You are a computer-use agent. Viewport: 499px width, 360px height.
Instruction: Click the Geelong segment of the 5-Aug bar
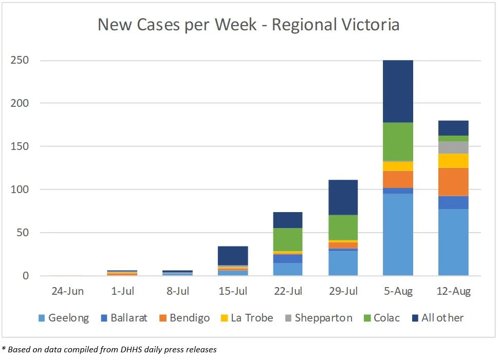398,234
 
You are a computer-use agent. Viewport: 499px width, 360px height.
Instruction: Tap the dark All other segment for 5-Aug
398,91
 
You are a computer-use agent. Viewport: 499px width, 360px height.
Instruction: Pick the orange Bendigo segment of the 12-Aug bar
453,182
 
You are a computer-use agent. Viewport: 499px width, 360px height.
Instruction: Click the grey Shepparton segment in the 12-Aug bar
453,147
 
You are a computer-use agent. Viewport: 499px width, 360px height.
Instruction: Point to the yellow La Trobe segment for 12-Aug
453,161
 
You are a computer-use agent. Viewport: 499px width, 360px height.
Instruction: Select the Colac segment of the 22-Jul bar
287,239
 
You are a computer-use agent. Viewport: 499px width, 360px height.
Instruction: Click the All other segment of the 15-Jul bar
232,255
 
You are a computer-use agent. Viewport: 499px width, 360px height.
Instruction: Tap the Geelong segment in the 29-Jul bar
343,263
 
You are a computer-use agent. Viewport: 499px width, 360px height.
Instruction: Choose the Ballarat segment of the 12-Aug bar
453,202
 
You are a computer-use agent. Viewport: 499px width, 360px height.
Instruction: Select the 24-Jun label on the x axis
67,292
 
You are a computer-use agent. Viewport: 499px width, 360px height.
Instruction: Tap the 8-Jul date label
177,292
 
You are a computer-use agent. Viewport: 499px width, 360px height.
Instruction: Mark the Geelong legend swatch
41,318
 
